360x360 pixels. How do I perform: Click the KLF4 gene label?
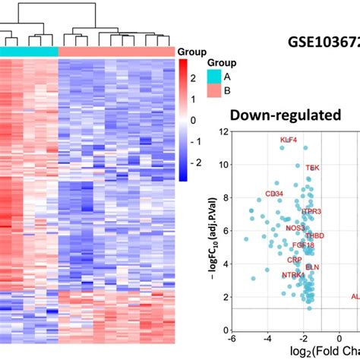point(289,140)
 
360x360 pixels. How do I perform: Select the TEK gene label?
point(312,167)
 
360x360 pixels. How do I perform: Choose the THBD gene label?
point(314,236)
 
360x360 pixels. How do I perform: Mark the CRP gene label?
point(294,260)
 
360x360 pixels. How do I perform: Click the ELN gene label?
point(312,267)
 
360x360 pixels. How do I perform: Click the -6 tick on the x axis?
point(232,339)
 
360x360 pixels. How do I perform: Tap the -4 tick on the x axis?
point(267,339)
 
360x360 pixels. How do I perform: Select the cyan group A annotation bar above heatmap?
point(29,51)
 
